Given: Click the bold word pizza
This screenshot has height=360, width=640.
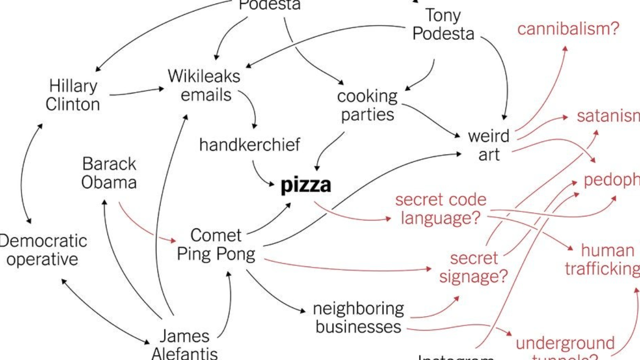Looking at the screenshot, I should (305, 185).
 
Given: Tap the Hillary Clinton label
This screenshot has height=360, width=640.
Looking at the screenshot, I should (73, 95).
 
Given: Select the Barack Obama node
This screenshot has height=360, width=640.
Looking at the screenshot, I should (109, 173).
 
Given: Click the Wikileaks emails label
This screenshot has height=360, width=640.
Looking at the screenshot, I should (204, 85).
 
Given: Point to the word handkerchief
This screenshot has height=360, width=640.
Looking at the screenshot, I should (249, 145).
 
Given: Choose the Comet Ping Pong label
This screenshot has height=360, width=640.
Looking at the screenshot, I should (216, 244).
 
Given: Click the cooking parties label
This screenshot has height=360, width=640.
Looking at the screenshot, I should (367, 105).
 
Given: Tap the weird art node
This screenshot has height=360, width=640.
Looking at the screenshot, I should (488, 145).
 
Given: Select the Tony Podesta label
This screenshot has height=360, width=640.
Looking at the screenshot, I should (443, 24).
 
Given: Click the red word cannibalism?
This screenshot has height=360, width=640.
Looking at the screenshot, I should (568, 29).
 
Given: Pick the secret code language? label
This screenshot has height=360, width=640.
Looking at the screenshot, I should (440, 209).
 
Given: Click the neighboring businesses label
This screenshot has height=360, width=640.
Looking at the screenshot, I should (358, 317).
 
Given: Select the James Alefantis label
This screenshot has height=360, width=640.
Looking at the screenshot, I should (184, 344).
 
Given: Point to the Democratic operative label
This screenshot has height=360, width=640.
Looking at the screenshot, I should (43, 250).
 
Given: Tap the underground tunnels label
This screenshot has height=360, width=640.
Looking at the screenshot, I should (565, 349).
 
